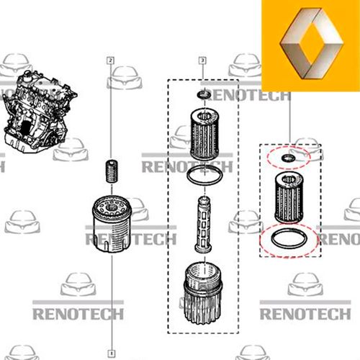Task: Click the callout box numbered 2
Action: click(110, 60)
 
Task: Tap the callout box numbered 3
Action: click(202, 60)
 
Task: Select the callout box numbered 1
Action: click(112, 354)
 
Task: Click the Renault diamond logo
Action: click(312, 43)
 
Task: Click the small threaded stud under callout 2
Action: click(112, 171)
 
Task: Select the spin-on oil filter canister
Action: click(112, 224)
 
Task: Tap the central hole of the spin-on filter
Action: click(111, 207)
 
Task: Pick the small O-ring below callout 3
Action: click(204, 95)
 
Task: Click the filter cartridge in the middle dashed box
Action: click(204, 135)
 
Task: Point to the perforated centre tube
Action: click(204, 225)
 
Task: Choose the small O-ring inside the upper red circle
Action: click(288, 158)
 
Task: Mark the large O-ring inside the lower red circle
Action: click(289, 238)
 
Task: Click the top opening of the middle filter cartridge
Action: click(204, 117)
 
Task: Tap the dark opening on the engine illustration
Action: click(24, 127)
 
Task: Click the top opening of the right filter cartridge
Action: click(289, 179)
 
